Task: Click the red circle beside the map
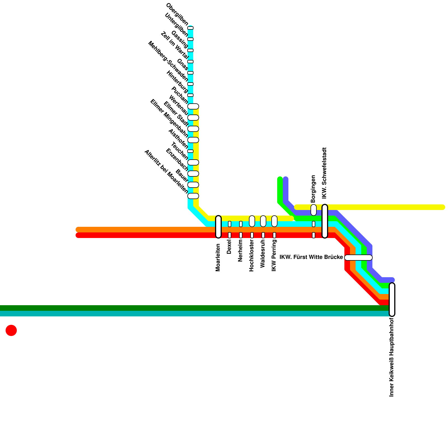click(x=11, y=330)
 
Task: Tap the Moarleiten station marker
click(x=218, y=227)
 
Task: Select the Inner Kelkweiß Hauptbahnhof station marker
click(x=392, y=300)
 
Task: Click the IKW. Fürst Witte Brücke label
click(x=311, y=257)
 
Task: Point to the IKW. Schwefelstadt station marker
click(x=325, y=221)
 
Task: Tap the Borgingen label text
click(x=313, y=189)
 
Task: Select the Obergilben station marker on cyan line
click(x=190, y=28)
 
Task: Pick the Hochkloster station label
click(x=251, y=255)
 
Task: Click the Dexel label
click(x=229, y=248)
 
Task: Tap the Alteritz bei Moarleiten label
click(x=166, y=172)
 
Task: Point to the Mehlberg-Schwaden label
click(x=168, y=61)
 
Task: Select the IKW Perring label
click(x=274, y=255)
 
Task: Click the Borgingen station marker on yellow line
click(x=314, y=210)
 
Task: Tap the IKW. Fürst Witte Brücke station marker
click(x=358, y=258)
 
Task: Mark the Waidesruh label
click(x=263, y=254)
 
